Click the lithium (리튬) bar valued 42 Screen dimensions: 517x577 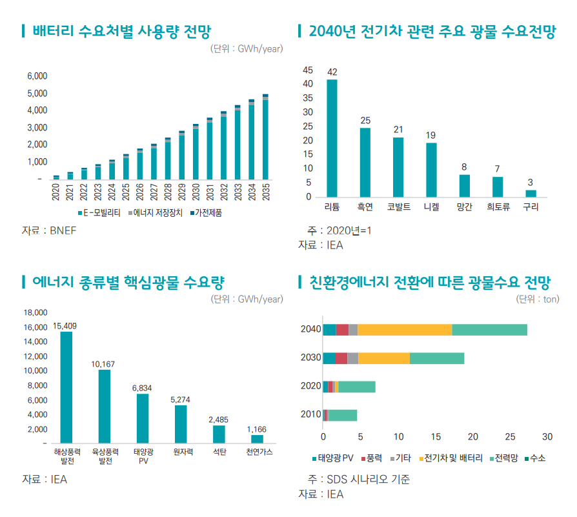(332, 138)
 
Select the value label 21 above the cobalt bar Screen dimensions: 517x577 (398, 130)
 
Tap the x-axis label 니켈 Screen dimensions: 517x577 (431, 207)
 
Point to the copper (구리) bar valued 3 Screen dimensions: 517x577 (531, 193)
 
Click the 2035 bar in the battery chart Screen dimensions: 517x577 (265, 137)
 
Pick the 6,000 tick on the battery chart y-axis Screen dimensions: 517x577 (37, 76)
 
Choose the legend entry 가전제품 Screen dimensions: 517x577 (207, 212)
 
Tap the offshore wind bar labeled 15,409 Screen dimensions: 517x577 (66, 387)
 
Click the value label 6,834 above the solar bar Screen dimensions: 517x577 (142, 388)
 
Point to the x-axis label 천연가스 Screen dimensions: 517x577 (259, 452)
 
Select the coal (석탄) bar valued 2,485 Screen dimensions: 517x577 (219, 434)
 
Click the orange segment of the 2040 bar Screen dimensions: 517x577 (405, 330)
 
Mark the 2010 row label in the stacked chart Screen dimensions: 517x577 (310, 414)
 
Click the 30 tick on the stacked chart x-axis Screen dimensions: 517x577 (547, 436)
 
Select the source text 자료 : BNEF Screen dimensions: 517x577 (49, 230)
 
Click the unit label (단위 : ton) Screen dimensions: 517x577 (537, 299)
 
